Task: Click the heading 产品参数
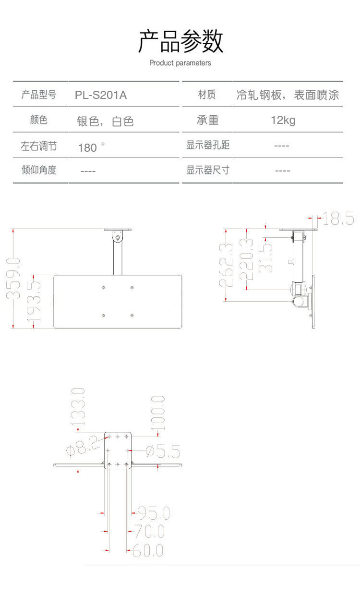coord(180,41)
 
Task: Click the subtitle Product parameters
coord(180,63)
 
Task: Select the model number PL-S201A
coord(101,95)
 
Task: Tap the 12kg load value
coord(283,120)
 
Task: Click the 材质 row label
coord(207,95)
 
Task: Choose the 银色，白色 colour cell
coord(105,121)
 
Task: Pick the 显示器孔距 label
coord(208,145)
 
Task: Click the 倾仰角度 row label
coord(39,170)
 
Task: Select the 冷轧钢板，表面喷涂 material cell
coord(288,95)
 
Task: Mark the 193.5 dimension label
coord(34,303)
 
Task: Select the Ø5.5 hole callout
coord(162,451)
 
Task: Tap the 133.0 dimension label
coord(78,407)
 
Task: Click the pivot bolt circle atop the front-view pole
coord(117,236)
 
